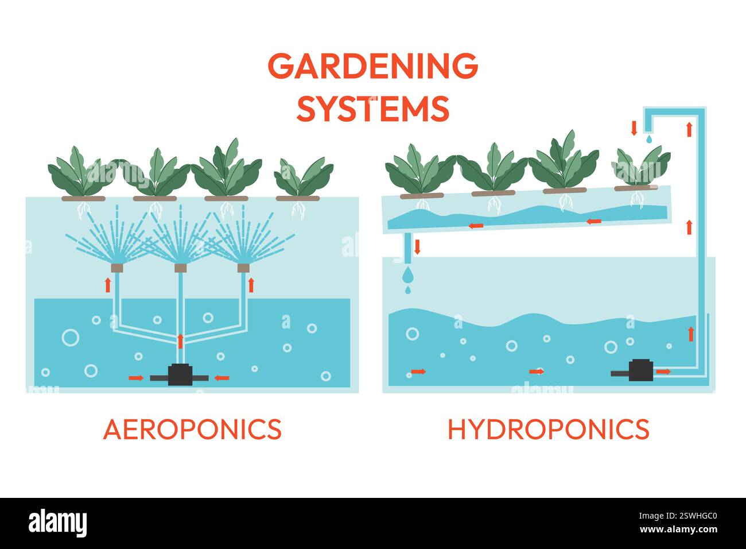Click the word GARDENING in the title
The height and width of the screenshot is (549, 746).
373,66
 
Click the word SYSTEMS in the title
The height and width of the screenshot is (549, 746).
373,109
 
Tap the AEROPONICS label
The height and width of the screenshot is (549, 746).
192,429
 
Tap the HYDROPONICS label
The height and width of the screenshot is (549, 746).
548,429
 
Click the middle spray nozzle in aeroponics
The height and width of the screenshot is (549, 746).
180,268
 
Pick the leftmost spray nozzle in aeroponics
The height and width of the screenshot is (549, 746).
117,268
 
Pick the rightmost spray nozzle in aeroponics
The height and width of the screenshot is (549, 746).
243,268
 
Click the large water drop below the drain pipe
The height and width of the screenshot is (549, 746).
407,275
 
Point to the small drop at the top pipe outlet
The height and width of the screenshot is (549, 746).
648,139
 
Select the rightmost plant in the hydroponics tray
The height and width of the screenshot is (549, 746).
638,168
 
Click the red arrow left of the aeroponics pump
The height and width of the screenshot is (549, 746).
137,377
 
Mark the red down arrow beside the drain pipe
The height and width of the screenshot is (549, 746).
417,247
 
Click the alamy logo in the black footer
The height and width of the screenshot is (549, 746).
57,523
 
